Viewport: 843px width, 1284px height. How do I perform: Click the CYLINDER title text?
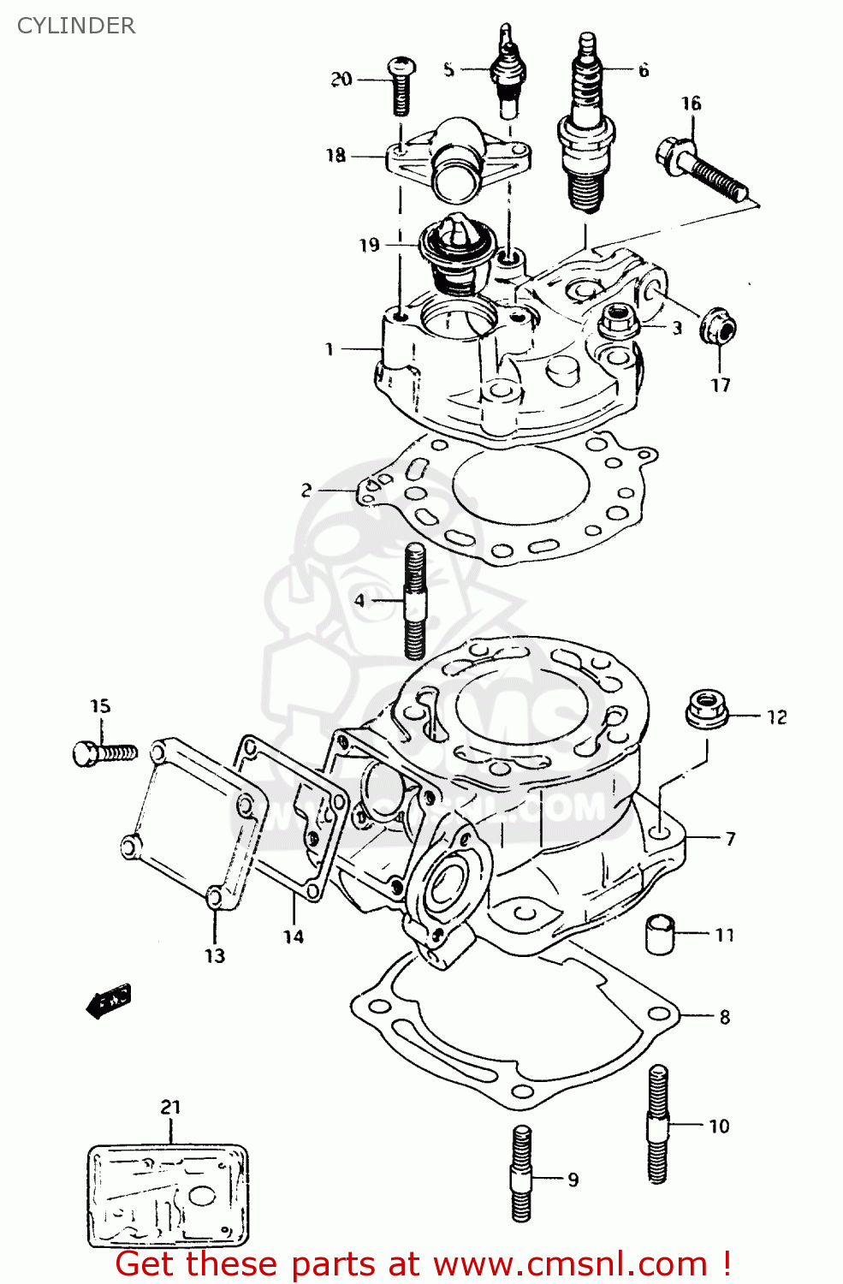(76, 26)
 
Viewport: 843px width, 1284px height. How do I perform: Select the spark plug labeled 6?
(586, 128)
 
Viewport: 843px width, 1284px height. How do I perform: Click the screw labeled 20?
(401, 86)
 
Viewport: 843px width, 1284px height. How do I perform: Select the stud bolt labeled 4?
(414, 601)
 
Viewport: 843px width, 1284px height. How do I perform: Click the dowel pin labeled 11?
(659, 933)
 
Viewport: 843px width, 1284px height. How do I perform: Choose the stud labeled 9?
(521, 1173)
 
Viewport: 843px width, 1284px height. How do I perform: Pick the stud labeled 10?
(657, 1123)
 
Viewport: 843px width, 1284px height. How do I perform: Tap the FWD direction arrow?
(109, 1000)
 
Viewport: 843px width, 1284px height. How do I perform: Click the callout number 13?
(215, 955)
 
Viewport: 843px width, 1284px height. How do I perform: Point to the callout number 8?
(724, 1017)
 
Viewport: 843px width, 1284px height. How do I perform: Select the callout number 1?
(329, 349)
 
